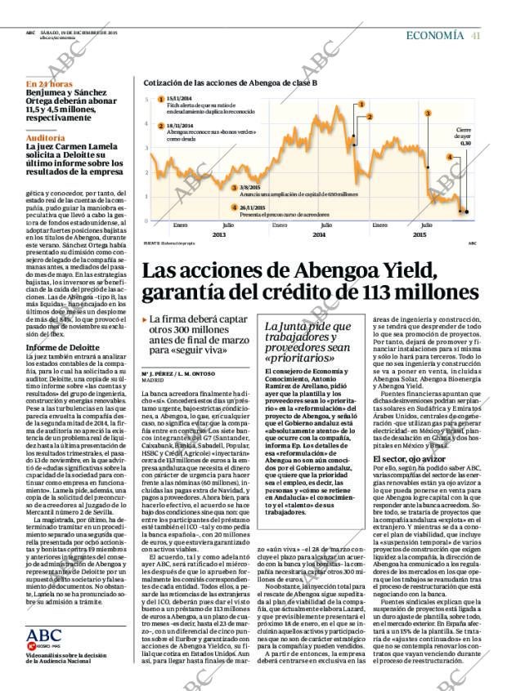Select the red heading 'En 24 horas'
click(x=49, y=84)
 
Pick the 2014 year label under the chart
click(x=319, y=234)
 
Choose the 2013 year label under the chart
click(x=218, y=234)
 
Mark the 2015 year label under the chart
click(x=419, y=234)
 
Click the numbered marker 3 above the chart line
click(x=428, y=113)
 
